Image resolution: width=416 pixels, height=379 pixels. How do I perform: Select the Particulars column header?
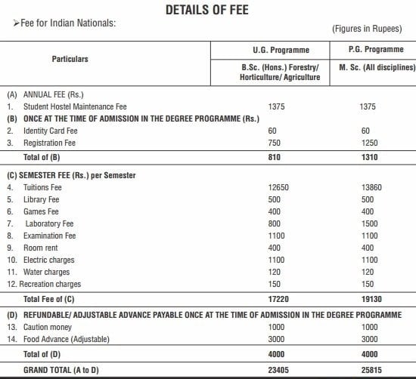point(70,59)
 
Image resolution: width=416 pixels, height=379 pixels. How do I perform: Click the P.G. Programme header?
point(374,50)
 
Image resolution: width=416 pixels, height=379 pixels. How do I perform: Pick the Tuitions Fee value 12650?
point(279,187)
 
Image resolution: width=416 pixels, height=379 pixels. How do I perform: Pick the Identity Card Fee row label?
point(48,131)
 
